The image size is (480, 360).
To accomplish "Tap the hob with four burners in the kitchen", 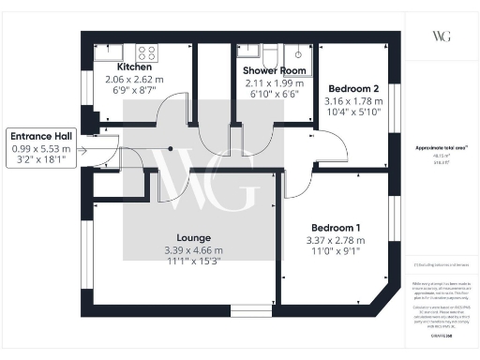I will coord(146,52).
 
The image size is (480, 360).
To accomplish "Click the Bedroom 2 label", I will coord(354,90).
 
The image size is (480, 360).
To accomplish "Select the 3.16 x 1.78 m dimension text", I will coord(354,101).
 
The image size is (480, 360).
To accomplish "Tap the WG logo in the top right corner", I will coord(442,36).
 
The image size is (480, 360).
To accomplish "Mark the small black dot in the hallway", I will coord(170,148).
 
